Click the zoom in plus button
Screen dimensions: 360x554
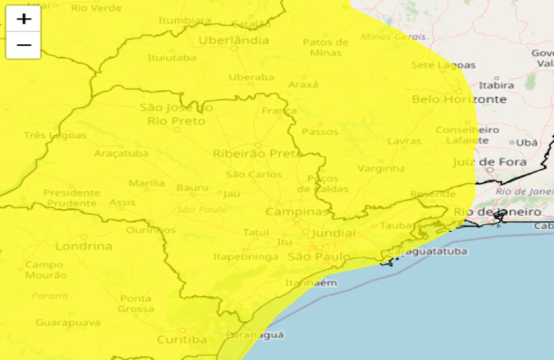(x=23, y=19)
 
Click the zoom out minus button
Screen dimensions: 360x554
(x=23, y=45)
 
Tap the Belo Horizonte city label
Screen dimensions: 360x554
(x=459, y=99)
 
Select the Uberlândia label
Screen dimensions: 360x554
(x=234, y=41)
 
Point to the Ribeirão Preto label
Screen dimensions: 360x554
(x=258, y=154)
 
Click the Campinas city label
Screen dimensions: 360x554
(x=298, y=211)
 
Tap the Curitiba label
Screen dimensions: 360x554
(x=182, y=339)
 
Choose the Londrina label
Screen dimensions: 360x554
(x=84, y=246)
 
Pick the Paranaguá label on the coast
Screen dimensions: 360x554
(x=254, y=335)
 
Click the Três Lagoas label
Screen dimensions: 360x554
(x=55, y=135)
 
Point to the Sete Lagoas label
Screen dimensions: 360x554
(x=443, y=65)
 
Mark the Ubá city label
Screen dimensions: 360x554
(x=526, y=143)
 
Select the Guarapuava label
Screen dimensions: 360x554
(x=68, y=323)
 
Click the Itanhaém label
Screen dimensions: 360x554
(x=311, y=283)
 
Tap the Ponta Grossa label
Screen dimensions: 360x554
(x=136, y=304)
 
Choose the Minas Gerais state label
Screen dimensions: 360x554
(x=393, y=37)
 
